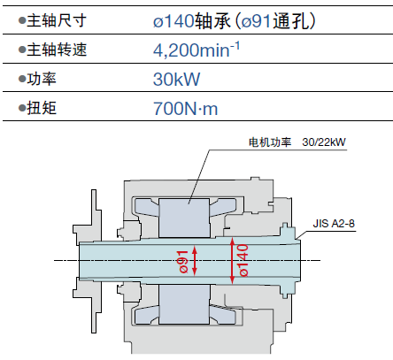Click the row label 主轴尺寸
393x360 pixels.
coord(57,20)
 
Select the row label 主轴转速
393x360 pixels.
coord(57,50)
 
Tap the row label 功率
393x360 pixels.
coord(42,79)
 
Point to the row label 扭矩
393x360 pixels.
coord(42,108)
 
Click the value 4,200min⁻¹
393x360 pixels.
coord(196,50)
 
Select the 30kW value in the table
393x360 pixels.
coord(176,79)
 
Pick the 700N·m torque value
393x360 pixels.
coord(185,108)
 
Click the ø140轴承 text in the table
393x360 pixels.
coord(192,21)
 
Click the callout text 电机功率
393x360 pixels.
coord(270,142)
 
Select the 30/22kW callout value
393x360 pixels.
coord(324,142)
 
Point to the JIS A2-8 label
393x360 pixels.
coord(334,224)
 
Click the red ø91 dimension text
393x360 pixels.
coord(183,262)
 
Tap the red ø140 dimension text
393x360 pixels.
coord(243,260)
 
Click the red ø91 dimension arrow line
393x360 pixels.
coord(195,261)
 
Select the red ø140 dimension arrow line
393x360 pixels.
coord(232,261)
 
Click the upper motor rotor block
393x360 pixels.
coord(184,218)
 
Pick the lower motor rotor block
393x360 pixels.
coord(184,304)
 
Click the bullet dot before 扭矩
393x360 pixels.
coord(22,108)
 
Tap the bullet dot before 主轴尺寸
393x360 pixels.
coord(22,21)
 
